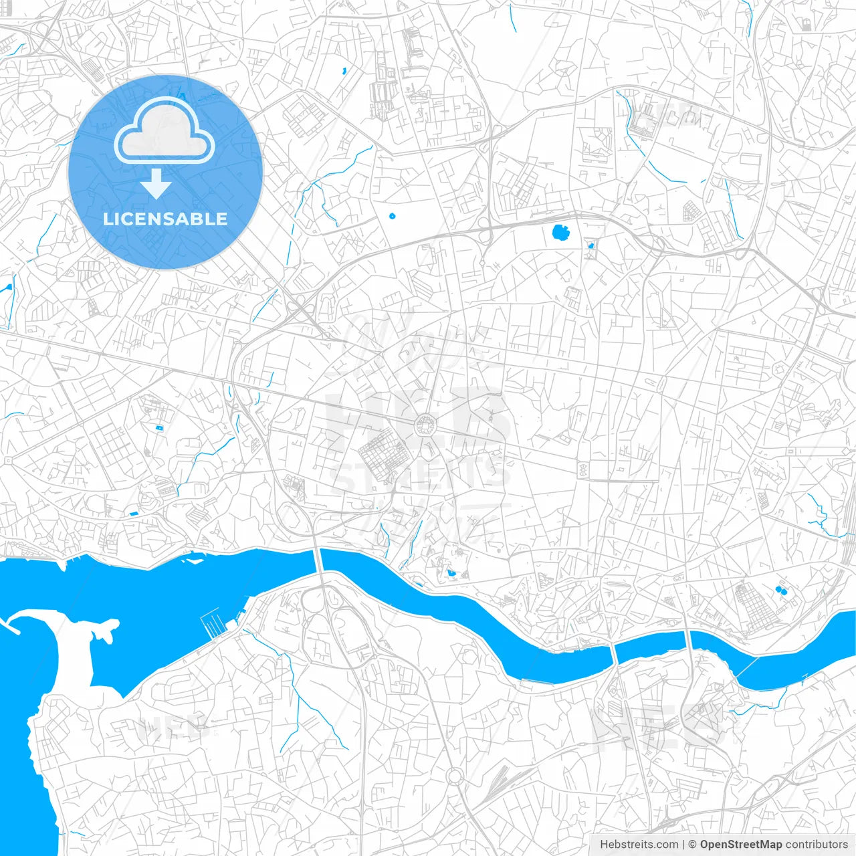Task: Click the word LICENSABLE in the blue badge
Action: tap(165, 219)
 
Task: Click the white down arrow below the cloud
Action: tap(156, 185)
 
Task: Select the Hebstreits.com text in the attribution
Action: tap(639, 845)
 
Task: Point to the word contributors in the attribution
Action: tap(817, 845)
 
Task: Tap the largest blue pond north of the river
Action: tap(560, 233)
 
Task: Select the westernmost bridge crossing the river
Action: tap(320, 560)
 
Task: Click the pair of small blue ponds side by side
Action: tap(780, 591)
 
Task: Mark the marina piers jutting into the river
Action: tap(213, 624)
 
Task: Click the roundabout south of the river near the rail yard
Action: tap(455, 776)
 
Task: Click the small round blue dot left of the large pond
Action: tap(392, 216)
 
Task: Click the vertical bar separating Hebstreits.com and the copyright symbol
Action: tap(683, 845)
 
